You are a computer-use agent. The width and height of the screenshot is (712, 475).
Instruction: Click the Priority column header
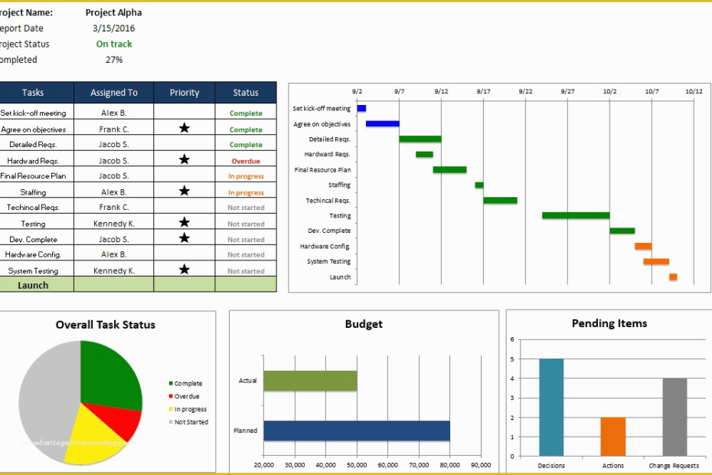point(184,93)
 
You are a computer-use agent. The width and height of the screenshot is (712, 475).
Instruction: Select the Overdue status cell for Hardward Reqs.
point(246,162)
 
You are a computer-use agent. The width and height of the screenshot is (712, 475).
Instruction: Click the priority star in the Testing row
point(184,223)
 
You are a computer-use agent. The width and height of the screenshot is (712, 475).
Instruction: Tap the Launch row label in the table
point(33,285)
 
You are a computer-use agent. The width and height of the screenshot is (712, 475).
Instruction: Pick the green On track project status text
point(114,44)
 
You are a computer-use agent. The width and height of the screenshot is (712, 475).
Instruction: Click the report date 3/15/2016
point(113,28)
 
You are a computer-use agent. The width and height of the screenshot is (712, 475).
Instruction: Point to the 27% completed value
point(114,60)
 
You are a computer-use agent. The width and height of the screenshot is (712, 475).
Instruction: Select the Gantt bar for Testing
point(575,215)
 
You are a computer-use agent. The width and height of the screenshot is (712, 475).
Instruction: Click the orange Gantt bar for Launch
point(673,277)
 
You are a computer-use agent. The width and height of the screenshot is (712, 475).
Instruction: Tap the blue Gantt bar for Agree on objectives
point(382,123)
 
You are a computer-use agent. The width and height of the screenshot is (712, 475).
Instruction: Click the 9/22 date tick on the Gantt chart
point(525,91)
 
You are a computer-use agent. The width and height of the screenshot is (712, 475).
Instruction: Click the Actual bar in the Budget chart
point(310,381)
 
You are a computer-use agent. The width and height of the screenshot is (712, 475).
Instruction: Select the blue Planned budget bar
point(357,431)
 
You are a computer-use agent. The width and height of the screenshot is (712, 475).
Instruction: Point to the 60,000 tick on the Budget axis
point(387,465)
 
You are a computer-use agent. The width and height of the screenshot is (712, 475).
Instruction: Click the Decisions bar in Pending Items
point(551,407)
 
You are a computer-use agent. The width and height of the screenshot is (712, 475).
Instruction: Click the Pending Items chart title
point(609,323)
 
